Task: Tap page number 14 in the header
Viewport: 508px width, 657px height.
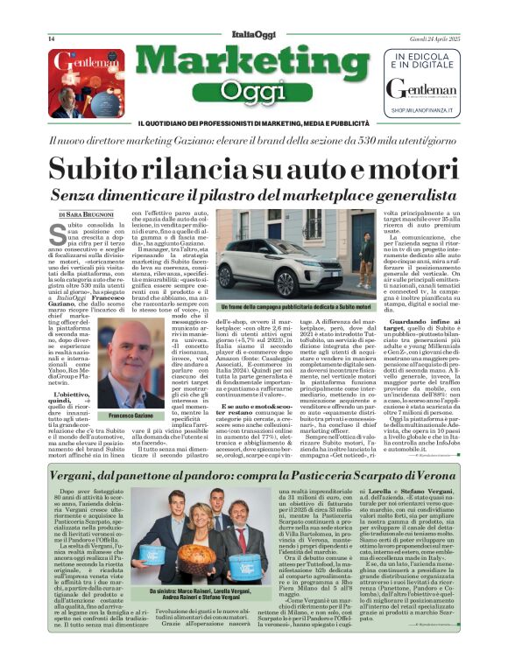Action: click(52, 39)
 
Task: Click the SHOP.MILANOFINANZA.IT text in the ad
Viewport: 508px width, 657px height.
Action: click(433, 112)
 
